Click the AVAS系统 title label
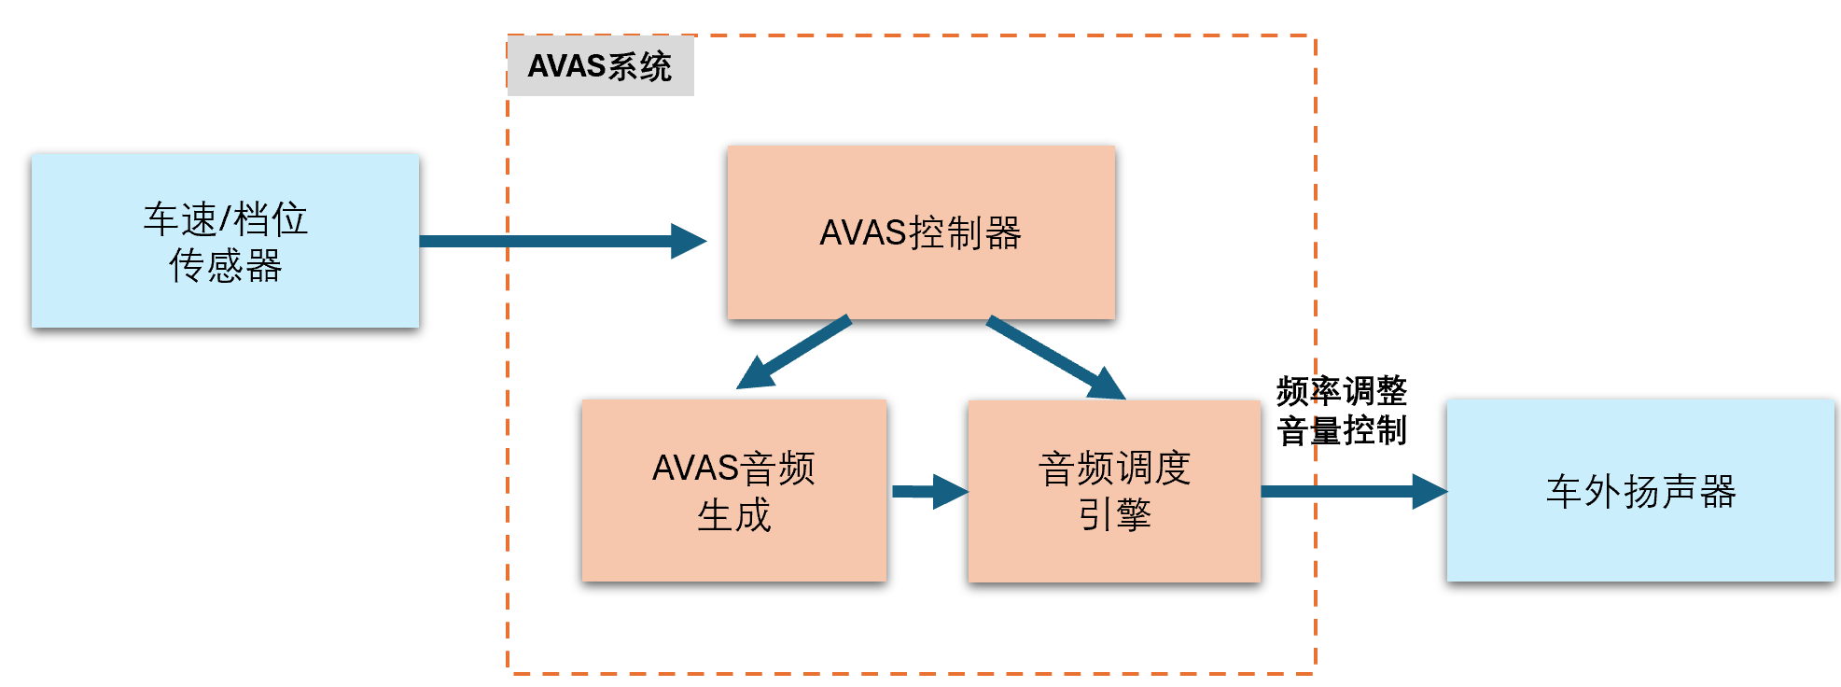tap(600, 66)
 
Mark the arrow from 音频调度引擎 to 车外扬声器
tap(1344, 491)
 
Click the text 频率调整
tap(1341, 390)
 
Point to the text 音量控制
tap(1341, 430)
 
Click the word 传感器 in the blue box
tap(225, 265)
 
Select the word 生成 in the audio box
tap(733, 515)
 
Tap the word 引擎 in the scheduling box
tap(1114, 514)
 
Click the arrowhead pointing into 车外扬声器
tap(1429, 491)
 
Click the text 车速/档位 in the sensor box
tap(225, 219)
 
